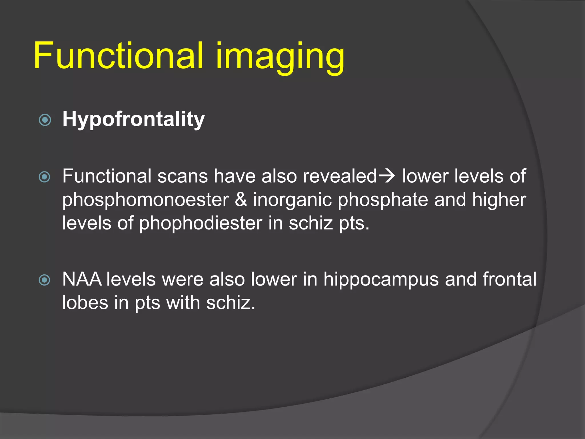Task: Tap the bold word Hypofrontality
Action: (x=133, y=119)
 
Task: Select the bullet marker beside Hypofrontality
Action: (x=45, y=120)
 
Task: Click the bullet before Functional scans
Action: (x=45, y=177)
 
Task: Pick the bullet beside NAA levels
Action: (x=45, y=280)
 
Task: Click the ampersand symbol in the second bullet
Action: (x=241, y=199)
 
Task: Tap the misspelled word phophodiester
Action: (x=201, y=223)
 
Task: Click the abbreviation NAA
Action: (x=82, y=279)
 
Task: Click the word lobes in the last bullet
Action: (x=85, y=303)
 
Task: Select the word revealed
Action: (x=340, y=176)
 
